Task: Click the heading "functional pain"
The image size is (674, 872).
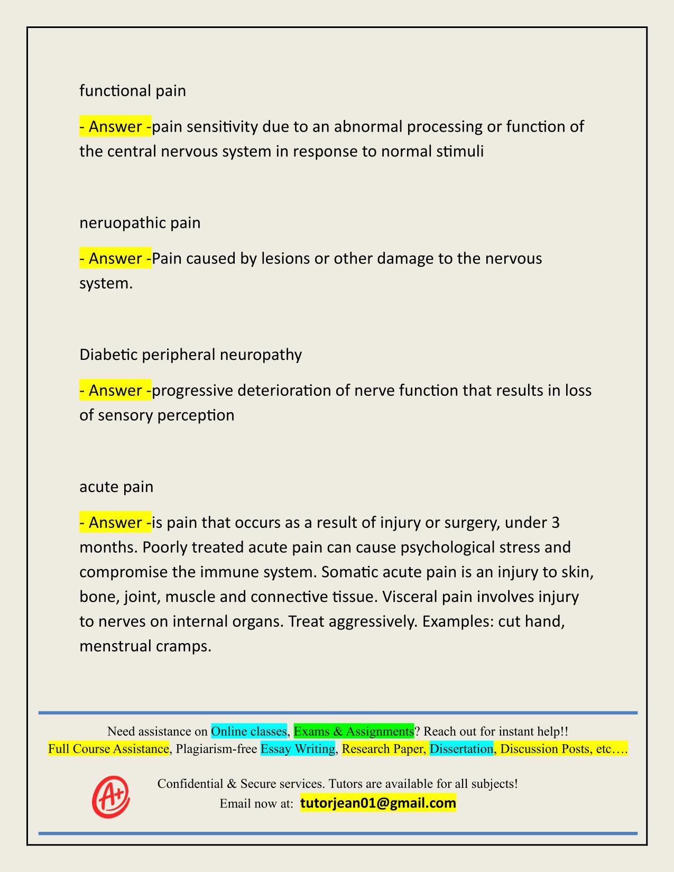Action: pos(133,91)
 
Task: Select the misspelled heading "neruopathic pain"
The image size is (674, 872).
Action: pos(140,223)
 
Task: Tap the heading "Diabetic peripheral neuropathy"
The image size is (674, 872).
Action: pos(190,355)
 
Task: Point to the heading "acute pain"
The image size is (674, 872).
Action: pos(116,487)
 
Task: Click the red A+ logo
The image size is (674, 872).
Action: pos(111,797)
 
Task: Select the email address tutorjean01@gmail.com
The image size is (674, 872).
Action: pos(378,803)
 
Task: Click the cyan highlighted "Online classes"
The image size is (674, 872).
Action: pos(249,731)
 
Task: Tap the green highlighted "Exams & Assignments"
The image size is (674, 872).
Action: pos(354,731)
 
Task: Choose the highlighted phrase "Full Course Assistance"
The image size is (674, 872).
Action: pos(108,749)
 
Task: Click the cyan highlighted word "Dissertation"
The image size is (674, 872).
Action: pos(461,749)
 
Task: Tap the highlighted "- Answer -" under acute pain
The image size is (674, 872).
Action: pos(115,523)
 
